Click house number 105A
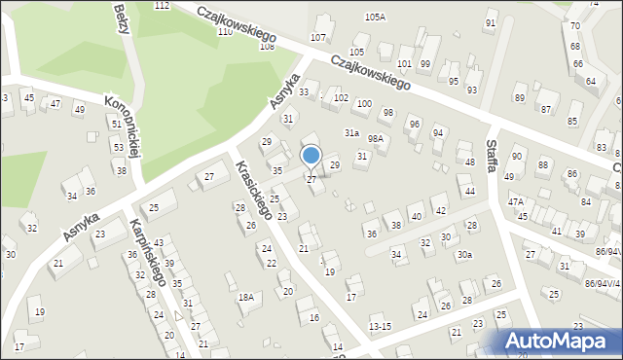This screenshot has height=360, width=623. [x=375, y=18]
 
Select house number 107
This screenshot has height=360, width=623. [x=317, y=37]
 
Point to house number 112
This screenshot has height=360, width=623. [x=162, y=6]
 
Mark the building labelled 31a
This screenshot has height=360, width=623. [x=350, y=132]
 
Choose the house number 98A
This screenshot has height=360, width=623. [x=376, y=139]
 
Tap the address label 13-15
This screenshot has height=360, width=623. [x=381, y=326]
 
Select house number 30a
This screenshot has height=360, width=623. [x=465, y=255]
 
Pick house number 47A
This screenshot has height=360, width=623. [x=516, y=202]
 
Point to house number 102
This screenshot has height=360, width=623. [x=341, y=98]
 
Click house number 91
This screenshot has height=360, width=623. [x=490, y=23]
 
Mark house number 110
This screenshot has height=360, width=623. [x=225, y=32]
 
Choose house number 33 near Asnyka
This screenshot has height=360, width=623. [x=305, y=91]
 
